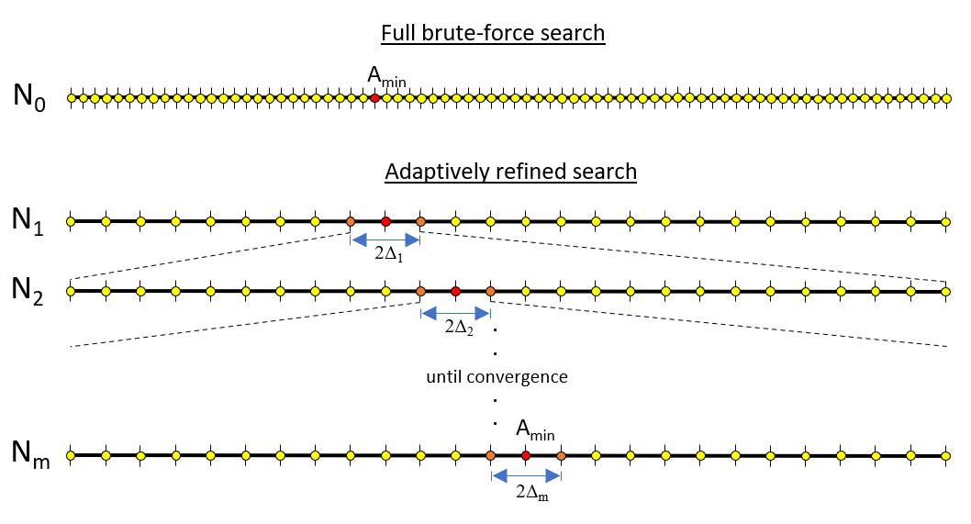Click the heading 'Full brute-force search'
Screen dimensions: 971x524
(x=493, y=33)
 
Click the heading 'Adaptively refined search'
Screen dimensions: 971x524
(x=511, y=172)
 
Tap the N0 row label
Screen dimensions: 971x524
(x=29, y=96)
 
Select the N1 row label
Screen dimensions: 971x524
(x=28, y=220)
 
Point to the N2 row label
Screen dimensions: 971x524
(x=28, y=290)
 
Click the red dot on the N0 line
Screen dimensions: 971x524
(x=374, y=98)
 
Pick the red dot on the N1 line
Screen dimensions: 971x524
(x=385, y=221)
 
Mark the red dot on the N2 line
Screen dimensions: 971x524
(x=456, y=291)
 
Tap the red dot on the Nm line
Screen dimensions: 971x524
(x=526, y=456)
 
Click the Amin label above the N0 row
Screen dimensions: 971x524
(x=387, y=77)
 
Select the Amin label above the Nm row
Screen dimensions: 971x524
(x=536, y=429)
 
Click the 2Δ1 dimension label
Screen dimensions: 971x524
(x=389, y=254)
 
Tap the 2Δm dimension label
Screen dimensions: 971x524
(x=532, y=493)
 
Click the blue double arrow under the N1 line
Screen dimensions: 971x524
(x=385, y=240)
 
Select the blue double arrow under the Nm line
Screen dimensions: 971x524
(x=527, y=475)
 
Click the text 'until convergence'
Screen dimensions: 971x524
(x=497, y=376)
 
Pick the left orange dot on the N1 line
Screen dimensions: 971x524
(x=351, y=221)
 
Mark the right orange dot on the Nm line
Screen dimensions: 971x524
(x=561, y=456)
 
